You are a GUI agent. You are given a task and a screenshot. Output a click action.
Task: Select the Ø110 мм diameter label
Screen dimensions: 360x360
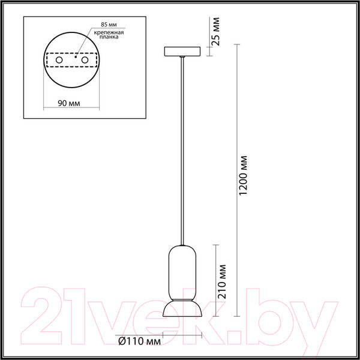[x=139, y=342]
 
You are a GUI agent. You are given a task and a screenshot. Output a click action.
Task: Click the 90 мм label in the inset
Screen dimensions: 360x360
[x=69, y=103]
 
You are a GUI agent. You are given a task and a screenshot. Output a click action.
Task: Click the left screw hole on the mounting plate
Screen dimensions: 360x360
[x=59, y=61]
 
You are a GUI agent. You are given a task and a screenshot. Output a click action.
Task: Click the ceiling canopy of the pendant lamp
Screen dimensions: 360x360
[x=183, y=51]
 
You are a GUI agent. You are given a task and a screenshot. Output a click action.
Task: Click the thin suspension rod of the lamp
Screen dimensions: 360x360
[x=182, y=150]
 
